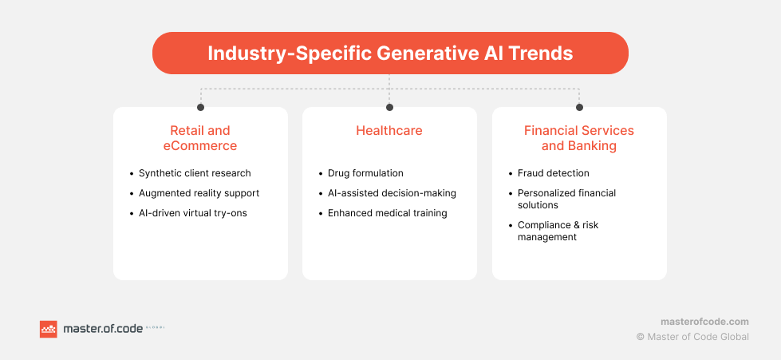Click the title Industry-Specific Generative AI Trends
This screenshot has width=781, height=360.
point(390,53)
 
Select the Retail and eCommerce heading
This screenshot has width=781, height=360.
point(200,138)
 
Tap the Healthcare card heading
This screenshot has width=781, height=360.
point(389,130)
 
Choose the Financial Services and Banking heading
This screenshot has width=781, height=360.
point(579,138)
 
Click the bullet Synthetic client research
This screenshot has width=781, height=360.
point(195,173)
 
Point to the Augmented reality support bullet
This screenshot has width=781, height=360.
point(199,193)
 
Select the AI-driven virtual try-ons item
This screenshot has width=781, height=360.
point(192,213)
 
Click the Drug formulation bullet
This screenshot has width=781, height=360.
point(365,173)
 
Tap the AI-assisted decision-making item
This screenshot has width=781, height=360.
point(392,193)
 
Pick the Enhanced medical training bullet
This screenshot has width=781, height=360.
point(387,213)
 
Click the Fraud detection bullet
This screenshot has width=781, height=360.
point(553,173)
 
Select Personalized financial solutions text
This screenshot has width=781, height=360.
point(566,199)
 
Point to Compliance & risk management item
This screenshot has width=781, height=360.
point(558,231)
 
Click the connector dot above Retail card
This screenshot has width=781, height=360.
point(200,107)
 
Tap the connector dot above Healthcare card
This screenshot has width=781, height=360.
point(389,107)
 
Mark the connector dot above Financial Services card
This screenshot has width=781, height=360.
point(579,107)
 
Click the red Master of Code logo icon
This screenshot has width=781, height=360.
point(49,329)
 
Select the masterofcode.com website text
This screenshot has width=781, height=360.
point(704,321)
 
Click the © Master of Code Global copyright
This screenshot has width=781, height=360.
point(692,337)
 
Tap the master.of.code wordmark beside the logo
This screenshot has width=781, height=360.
point(101,329)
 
